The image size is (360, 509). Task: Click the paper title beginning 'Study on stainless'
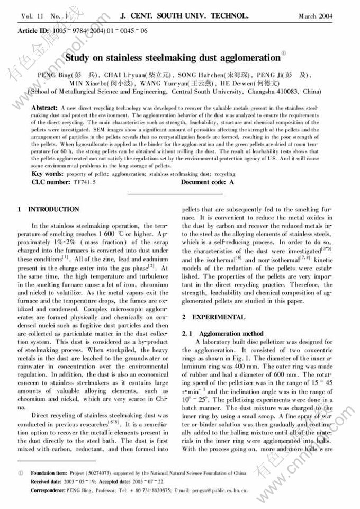[172, 57]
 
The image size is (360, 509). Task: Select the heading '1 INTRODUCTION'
[49, 209]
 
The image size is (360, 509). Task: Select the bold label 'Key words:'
[47, 174]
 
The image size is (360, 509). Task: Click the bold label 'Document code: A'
[207, 182]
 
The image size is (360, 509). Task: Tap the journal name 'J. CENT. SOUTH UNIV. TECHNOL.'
[181, 16]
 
